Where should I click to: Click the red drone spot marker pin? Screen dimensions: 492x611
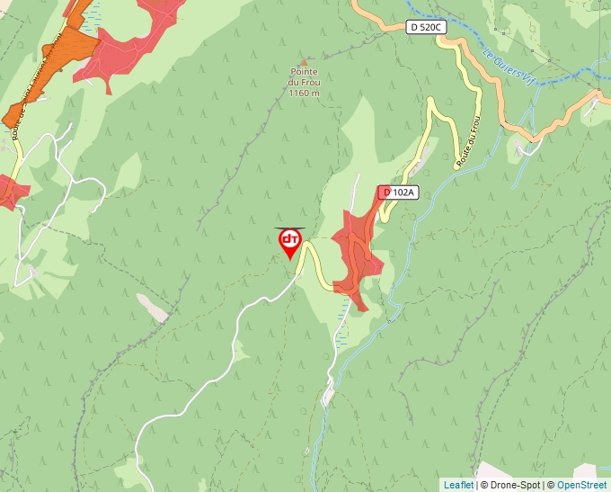tap(289, 241)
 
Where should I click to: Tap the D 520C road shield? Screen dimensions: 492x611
tap(425, 27)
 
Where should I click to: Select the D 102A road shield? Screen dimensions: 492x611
tap(397, 192)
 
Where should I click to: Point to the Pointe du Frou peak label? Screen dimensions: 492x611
tap(305, 77)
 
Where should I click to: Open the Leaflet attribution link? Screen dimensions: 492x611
tap(458, 485)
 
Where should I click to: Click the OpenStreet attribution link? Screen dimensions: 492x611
tap(581, 485)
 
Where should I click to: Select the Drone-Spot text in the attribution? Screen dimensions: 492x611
tap(513, 485)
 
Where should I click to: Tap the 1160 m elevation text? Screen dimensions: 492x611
tap(305, 93)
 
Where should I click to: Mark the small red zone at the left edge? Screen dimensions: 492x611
tap(11, 191)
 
